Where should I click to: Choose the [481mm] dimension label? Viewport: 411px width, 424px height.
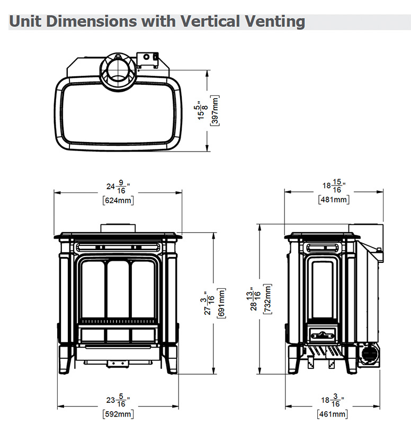pos(334,200)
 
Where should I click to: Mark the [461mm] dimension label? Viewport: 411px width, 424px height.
pos(333,414)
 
